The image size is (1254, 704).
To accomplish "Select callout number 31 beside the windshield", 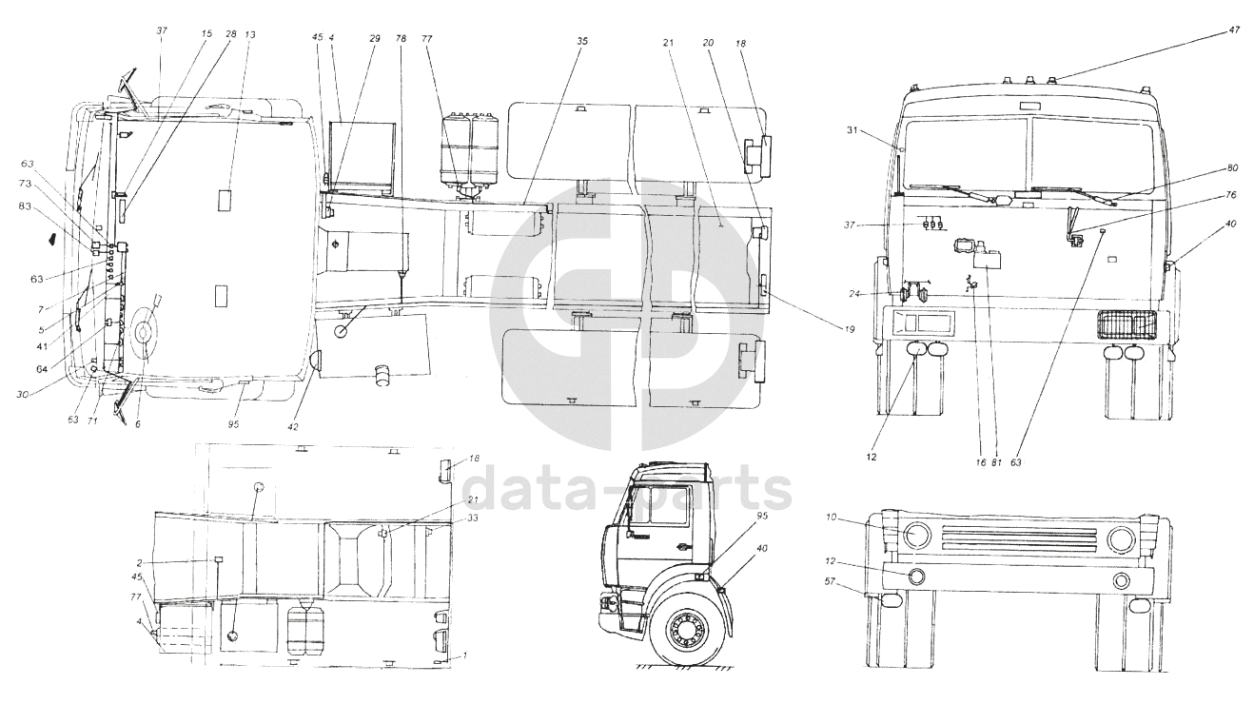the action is tap(852, 129).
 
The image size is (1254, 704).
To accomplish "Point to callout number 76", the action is tap(1230, 195).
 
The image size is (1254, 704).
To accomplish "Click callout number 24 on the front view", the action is tap(853, 294).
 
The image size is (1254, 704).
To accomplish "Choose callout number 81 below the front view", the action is tap(997, 462).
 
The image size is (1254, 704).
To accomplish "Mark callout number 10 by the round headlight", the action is tap(831, 518).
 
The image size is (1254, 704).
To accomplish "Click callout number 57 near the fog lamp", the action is tap(830, 582).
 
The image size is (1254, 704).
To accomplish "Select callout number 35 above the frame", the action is tap(583, 41).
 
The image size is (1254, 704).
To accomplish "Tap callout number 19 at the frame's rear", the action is tap(850, 329).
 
